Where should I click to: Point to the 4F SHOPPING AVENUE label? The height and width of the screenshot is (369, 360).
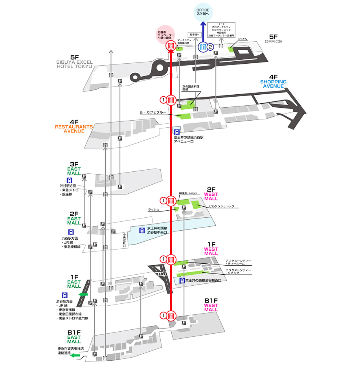pos(273,81)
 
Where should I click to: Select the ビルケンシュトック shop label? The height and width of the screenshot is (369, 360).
pos(224,206)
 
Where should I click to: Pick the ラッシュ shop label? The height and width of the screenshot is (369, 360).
pos(153,210)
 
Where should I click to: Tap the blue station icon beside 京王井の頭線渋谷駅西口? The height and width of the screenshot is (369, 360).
pos(182,281)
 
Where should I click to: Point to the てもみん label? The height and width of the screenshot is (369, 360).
pos(242,39)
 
